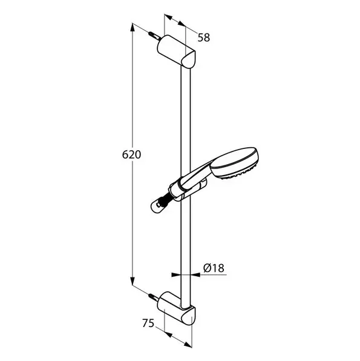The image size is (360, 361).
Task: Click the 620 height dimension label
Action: pyautogui.click(x=131, y=154)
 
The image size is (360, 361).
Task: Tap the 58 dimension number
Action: pyautogui.click(x=204, y=38)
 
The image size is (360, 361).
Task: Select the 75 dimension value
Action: pyautogui.click(x=148, y=323)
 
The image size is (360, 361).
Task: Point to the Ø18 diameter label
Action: pyautogui.click(x=214, y=268)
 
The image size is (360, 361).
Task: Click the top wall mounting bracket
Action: pyautogui.click(x=177, y=52)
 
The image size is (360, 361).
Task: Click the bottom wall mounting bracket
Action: pyautogui.click(x=177, y=308)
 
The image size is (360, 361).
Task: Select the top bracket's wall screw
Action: pyautogui.click(x=154, y=36)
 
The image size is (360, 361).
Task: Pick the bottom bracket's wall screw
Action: pyautogui.click(x=154, y=297)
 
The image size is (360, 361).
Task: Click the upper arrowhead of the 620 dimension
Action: pyautogui.click(x=133, y=28)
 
